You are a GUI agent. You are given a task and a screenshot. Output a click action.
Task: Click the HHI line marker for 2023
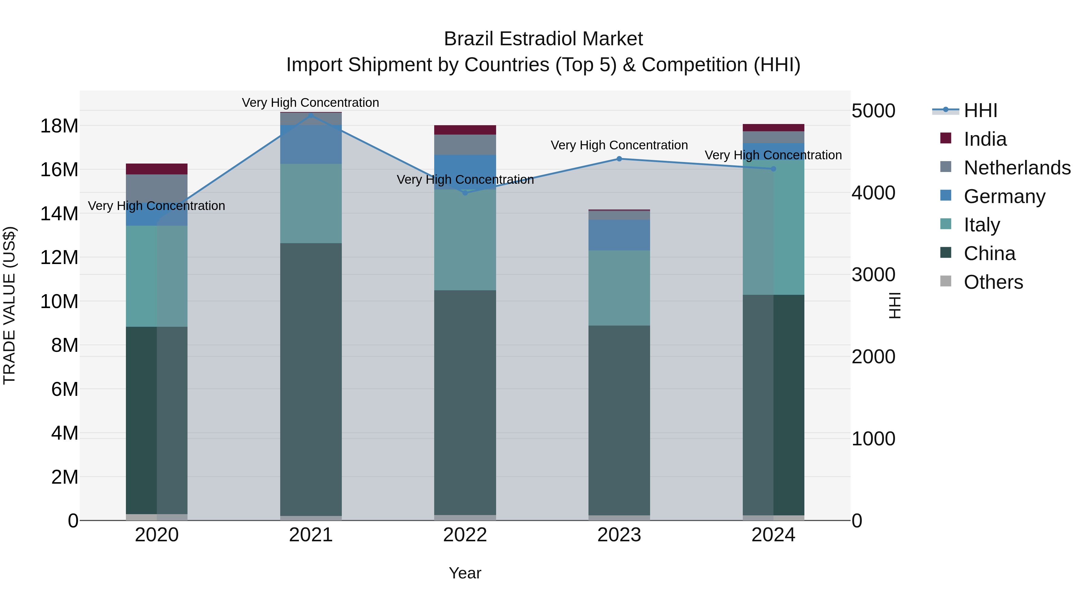coord(619,159)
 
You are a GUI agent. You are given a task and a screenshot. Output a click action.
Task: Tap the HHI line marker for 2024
coord(773,169)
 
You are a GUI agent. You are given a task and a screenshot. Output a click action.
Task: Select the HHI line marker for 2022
coord(465,193)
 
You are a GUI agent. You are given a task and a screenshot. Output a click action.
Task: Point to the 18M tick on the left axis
coord(59,126)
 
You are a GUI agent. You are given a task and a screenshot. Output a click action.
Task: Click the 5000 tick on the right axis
coord(873,111)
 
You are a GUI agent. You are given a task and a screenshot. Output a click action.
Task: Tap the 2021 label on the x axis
coord(311,535)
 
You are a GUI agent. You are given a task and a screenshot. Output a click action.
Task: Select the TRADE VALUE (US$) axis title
coord(10,305)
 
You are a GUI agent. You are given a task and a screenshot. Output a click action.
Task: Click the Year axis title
coord(465,573)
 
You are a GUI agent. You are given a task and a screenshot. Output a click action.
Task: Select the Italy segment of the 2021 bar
coord(311,203)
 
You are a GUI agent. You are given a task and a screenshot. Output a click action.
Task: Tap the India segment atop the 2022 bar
coord(465,130)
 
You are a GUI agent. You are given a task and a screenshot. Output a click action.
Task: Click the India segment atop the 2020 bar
coord(156,169)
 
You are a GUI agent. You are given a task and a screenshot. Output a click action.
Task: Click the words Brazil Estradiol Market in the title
coord(543,39)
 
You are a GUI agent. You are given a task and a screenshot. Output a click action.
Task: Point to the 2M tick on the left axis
coord(65,477)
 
